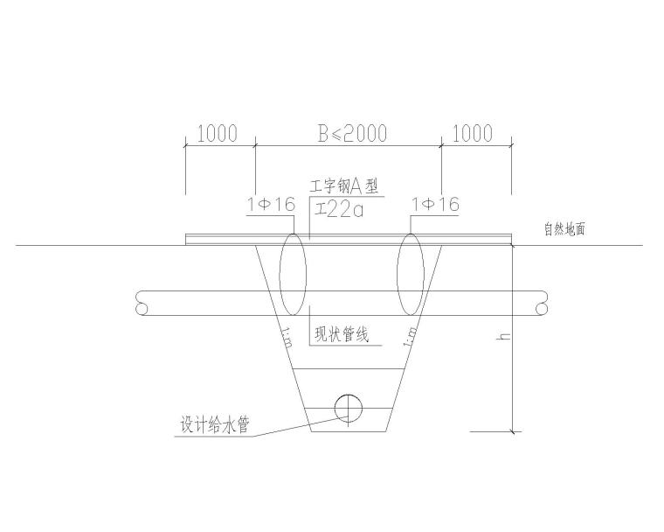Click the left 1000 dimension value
[x=218, y=134]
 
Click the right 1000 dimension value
[x=472, y=134]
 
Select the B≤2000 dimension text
[x=351, y=134]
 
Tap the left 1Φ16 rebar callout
[x=271, y=205]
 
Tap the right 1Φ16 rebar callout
[x=435, y=205]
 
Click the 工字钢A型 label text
[x=347, y=187]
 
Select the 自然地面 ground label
[x=563, y=230]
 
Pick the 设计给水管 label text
[x=215, y=426]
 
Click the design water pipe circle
[x=348, y=406]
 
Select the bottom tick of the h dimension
[x=513, y=431]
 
